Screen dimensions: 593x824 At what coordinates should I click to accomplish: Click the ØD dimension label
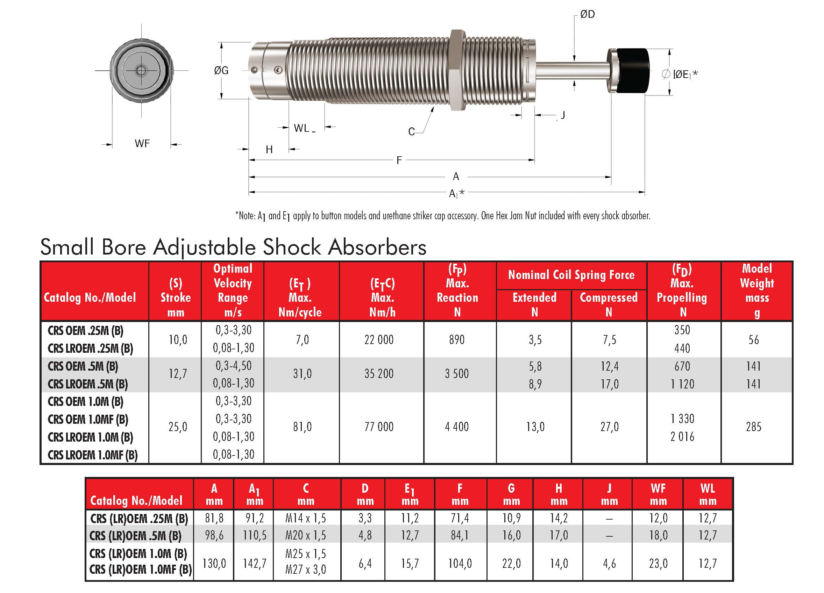coord(587,15)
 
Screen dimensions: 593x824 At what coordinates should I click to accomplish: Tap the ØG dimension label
coord(221,70)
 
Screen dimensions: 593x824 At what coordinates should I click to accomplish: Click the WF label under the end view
coord(142,143)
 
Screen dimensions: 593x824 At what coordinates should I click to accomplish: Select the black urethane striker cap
coord(633,71)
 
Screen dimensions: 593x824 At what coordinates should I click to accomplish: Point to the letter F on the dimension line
coord(399,160)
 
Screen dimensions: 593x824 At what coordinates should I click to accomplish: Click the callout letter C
coord(411,131)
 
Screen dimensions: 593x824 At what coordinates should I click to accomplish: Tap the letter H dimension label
coord(269,150)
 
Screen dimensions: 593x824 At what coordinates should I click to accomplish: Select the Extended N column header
coord(534,304)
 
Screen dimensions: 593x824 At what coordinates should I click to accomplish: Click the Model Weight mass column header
coord(757,290)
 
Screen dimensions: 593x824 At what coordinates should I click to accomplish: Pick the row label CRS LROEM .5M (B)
coord(87,384)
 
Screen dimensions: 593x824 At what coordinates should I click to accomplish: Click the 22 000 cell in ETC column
coord(379,340)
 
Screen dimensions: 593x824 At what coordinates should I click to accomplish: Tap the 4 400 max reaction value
coord(457,427)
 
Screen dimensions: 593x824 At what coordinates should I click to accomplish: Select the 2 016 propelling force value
coord(682,436)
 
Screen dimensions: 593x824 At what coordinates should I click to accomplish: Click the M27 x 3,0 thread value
coord(306,569)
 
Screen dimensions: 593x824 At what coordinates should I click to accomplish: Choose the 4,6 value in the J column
coord(609,563)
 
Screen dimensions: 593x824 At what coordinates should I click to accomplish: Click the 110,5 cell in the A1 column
coord(254,535)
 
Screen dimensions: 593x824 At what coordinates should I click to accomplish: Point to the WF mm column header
coord(658,494)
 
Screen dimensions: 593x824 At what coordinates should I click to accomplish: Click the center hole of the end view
coord(141,70)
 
